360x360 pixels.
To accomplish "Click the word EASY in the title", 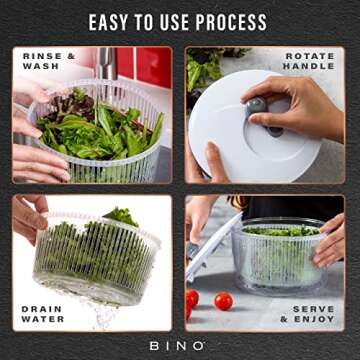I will click(x=111, y=22).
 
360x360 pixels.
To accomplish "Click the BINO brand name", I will click(x=180, y=345).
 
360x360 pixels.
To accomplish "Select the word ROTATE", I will click(x=310, y=56).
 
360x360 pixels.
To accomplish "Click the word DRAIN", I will click(x=41, y=309).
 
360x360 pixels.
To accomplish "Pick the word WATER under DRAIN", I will click(x=43, y=319).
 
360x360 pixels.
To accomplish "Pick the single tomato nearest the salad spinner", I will click(x=223, y=301).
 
